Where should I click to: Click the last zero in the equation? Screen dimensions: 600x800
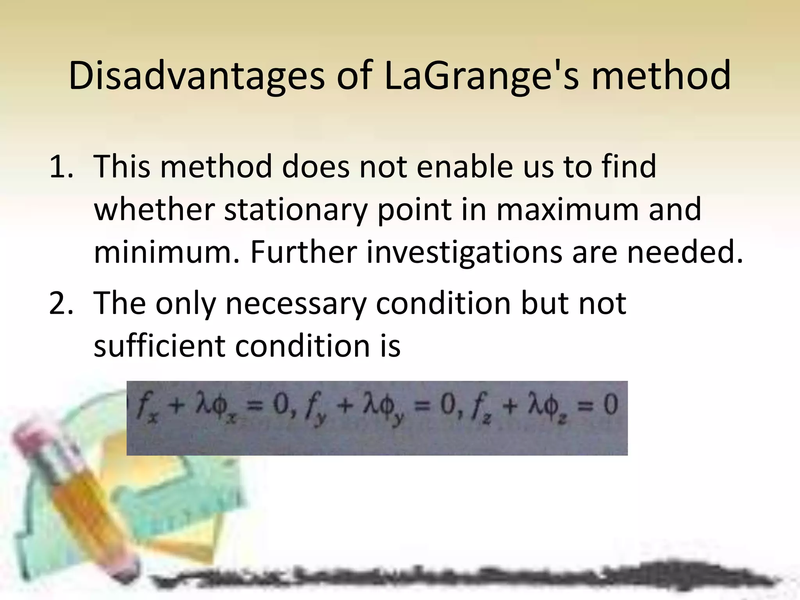pos(610,405)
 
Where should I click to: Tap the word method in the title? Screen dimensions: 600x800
pos(660,76)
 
